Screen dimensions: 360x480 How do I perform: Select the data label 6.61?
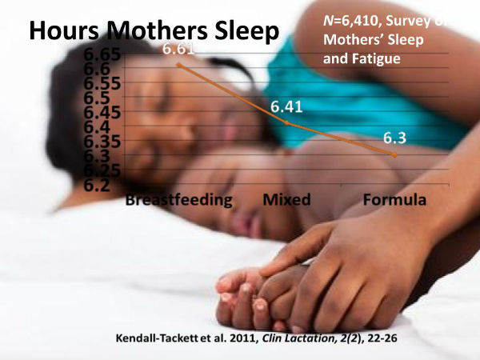[178, 50]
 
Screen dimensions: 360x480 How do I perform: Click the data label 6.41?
[286, 106]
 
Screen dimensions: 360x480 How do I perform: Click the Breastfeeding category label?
[178, 198]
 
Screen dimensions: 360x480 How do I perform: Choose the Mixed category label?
[286, 198]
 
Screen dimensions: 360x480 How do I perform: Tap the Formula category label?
[394, 198]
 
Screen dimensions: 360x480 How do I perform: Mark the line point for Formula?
[394, 155]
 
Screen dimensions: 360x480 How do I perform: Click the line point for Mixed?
[286, 123]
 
